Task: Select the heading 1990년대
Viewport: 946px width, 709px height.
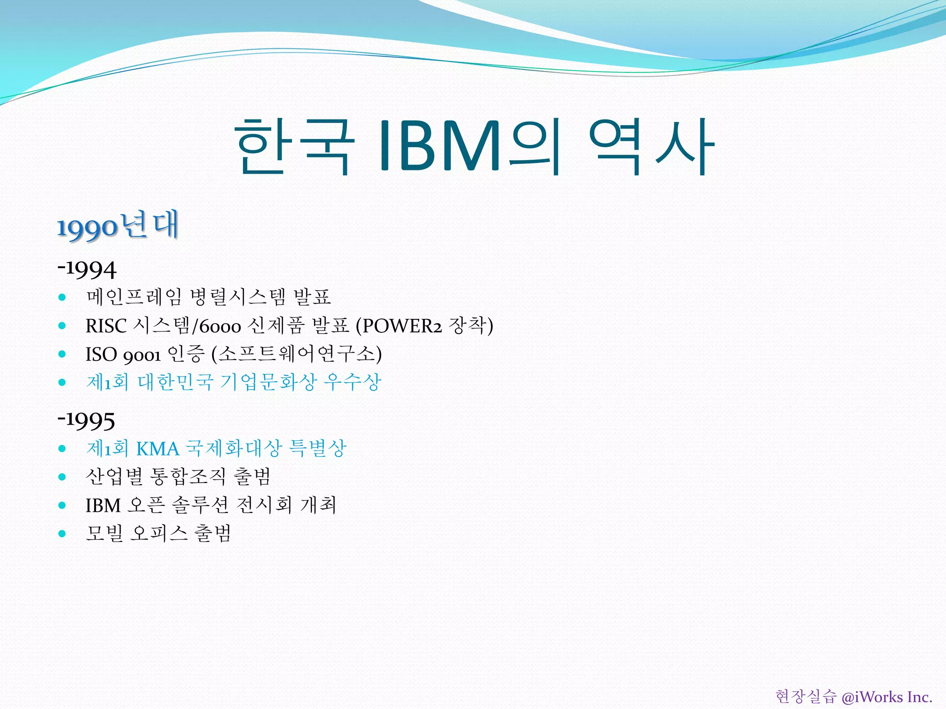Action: point(118,226)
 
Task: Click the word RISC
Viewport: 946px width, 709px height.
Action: point(106,326)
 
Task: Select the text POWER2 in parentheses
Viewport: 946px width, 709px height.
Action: point(402,326)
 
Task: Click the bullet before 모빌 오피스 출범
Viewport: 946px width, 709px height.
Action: point(62,534)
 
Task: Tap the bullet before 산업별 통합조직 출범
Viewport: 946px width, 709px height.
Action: point(62,477)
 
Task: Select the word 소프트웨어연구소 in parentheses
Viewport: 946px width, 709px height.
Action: point(296,354)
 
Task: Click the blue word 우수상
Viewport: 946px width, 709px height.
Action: point(352,382)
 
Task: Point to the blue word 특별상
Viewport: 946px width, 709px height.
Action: point(317,448)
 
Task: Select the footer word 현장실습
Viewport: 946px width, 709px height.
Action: point(806,697)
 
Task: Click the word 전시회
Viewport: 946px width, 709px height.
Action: point(264,505)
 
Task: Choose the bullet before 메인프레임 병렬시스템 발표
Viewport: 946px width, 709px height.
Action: point(62,297)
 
